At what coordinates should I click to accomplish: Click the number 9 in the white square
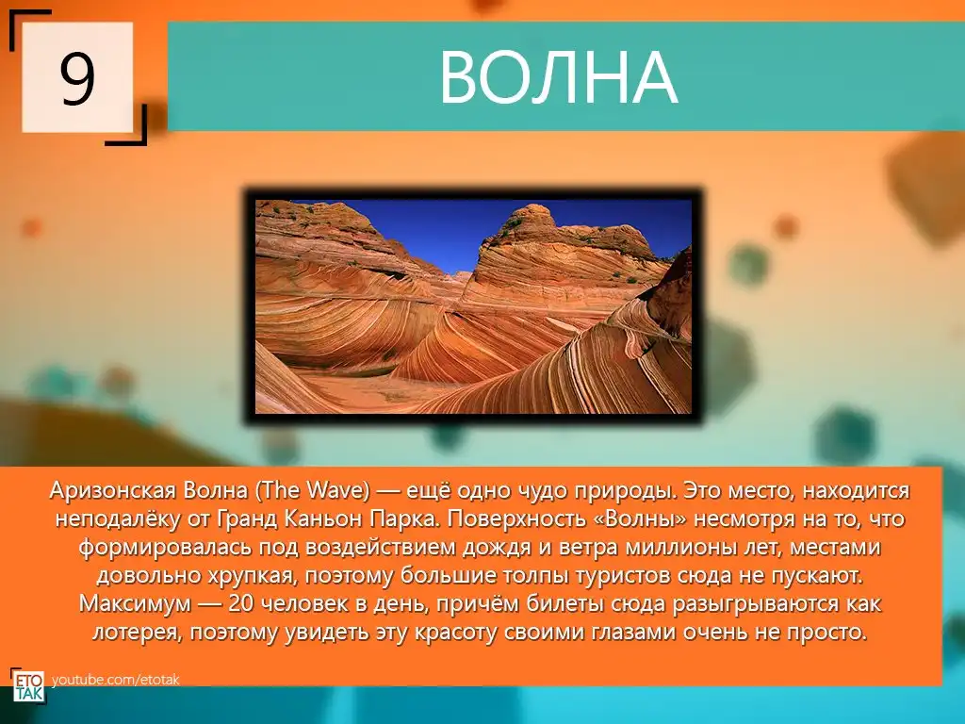(77, 78)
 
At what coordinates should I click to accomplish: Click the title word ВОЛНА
(558, 77)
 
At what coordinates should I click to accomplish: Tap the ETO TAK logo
(28, 686)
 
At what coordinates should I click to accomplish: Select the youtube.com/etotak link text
(116, 680)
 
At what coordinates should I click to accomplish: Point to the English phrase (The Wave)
(313, 490)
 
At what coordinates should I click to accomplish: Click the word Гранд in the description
(247, 519)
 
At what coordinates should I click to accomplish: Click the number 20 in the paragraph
(240, 604)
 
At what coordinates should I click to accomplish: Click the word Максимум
(135, 604)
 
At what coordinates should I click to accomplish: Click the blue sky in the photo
(443, 231)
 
